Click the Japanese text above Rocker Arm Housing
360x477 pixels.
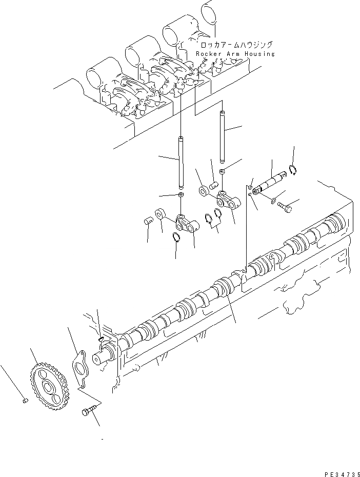point(234,45)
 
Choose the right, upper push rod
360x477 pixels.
point(223,135)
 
